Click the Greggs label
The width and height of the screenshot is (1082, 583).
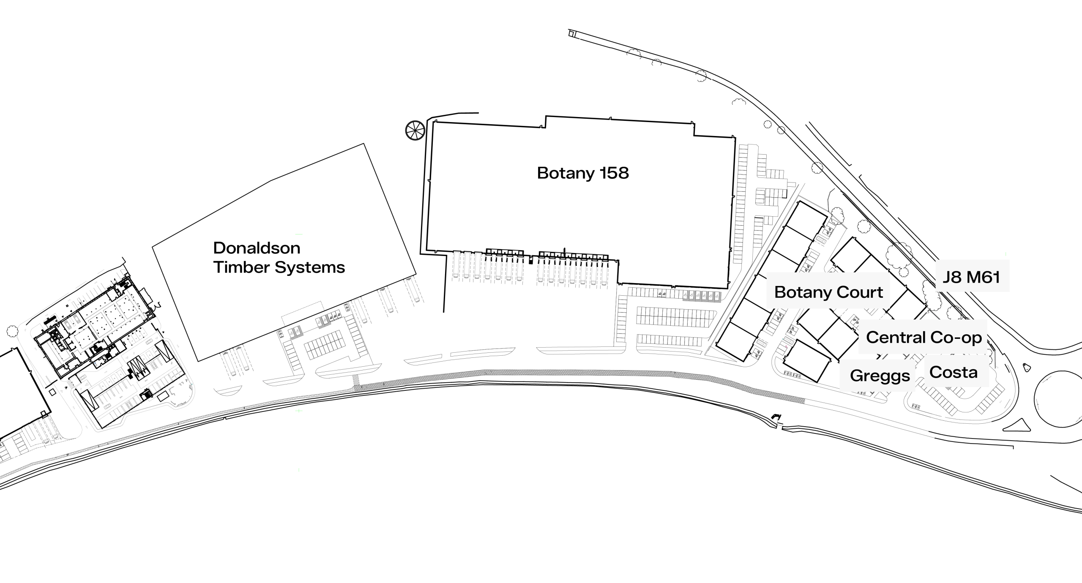(x=880, y=376)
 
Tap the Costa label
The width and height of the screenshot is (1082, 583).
(x=954, y=372)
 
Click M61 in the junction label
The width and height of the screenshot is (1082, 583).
(x=983, y=277)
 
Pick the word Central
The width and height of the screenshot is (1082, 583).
(x=896, y=337)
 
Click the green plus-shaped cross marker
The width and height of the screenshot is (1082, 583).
(x=299, y=411)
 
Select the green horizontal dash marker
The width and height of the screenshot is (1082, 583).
(x=299, y=234)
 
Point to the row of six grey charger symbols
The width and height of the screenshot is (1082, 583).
(x=702, y=296)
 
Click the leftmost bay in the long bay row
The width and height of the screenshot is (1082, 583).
(x=456, y=265)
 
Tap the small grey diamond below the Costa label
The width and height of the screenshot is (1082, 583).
(x=948, y=388)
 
